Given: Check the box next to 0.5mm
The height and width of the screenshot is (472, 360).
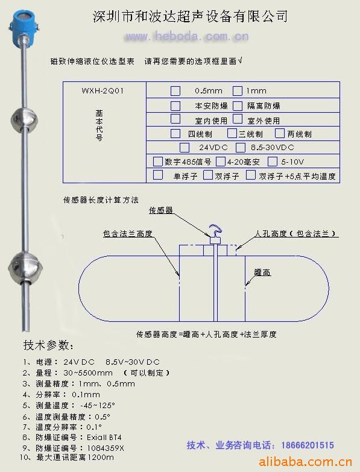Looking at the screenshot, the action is point(175,90).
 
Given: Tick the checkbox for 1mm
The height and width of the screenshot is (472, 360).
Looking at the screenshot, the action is point(237,90).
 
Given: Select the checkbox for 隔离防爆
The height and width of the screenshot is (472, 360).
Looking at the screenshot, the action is point(237,105).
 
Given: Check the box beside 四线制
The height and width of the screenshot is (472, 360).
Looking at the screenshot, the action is point(175,133).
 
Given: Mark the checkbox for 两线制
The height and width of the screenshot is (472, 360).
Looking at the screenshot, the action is point(280,133).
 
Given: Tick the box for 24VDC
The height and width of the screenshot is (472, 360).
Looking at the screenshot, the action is point(184,148).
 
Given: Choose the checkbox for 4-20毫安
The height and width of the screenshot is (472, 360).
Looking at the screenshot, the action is point(220,162).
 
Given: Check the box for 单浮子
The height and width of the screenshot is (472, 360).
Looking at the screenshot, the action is point(158,175).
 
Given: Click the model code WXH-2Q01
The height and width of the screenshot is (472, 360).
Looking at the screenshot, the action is point(103,90).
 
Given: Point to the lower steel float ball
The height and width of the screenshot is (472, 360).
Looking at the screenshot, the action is point(25,268).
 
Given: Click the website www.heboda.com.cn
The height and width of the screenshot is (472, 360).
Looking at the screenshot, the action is point(186,37).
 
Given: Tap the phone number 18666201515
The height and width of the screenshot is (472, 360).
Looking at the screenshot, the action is point(308,445).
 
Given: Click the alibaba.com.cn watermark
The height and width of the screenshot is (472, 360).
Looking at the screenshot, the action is point(305,462).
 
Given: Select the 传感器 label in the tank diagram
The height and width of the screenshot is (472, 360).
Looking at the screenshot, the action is point(161,210).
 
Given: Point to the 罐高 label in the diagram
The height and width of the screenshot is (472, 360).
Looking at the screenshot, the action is point(262,272).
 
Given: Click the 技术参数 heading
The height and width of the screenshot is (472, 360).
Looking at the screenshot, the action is point(48,345).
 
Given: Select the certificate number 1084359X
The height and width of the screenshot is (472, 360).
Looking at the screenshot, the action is point(106,448).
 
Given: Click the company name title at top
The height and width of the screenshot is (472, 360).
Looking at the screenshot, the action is point(190,16).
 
